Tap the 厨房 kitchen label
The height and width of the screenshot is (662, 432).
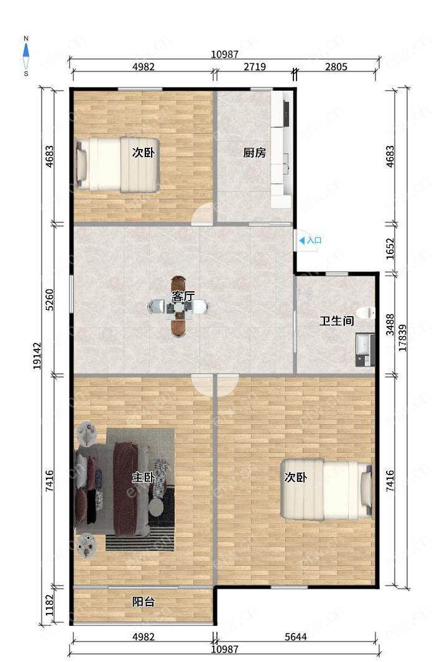tap(254, 152)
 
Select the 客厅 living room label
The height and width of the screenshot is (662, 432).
tap(183, 296)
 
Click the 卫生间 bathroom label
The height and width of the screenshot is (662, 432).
tap(336, 321)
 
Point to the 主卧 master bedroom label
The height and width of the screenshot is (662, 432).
tap(143, 478)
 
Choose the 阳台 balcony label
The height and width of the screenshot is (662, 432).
tap(143, 602)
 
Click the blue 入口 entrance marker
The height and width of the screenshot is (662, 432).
tap(311, 241)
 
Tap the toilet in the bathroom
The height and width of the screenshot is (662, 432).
tap(365, 313)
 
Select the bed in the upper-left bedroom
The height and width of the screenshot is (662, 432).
tap(117, 165)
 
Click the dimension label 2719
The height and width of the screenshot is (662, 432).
tap(254, 66)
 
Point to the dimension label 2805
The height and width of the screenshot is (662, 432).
tap(336, 66)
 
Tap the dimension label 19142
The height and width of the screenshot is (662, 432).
tap(37, 356)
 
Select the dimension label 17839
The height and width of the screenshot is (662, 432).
tap(402, 338)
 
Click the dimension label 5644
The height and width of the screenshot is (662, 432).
tap(295, 637)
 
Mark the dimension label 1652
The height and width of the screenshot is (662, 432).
tap(390, 249)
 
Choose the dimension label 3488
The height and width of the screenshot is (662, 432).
tap(390, 325)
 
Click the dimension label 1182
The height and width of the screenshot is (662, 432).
tap(50, 605)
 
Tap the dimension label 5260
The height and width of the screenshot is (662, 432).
tap(50, 300)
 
